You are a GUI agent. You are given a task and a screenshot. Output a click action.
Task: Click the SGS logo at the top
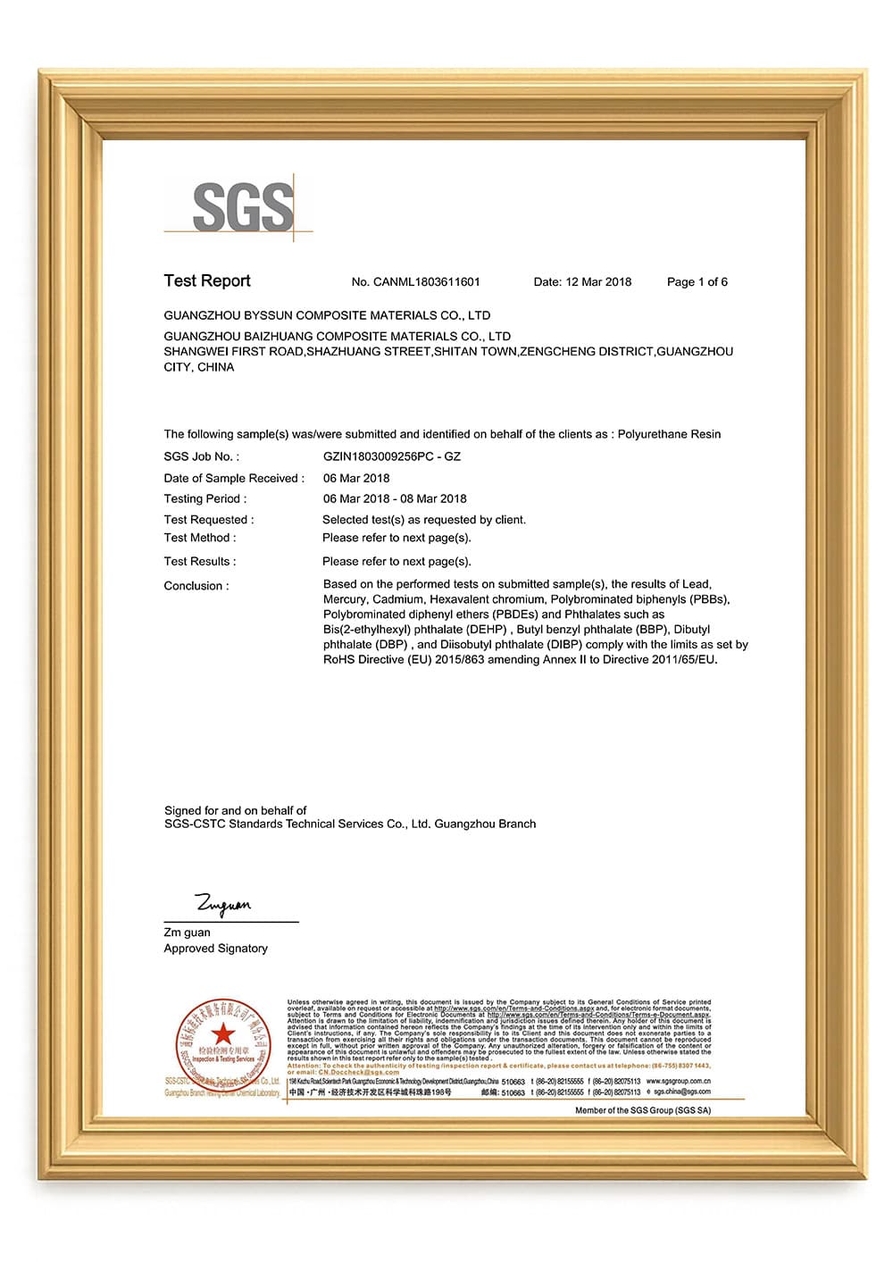click(x=242, y=207)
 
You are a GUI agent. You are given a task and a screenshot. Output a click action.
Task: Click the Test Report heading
click(x=207, y=281)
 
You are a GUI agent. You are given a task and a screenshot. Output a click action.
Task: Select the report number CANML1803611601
click(x=426, y=282)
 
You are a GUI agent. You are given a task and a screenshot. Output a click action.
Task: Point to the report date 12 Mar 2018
click(x=597, y=282)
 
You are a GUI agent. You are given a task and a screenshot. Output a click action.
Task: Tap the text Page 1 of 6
click(x=697, y=282)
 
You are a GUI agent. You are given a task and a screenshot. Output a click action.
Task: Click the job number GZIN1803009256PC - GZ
click(x=392, y=456)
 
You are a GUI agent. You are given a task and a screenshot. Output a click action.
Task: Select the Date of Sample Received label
click(x=234, y=478)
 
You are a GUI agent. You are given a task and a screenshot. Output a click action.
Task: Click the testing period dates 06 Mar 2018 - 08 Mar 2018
click(x=395, y=498)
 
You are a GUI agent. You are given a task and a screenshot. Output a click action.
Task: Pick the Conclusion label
click(x=196, y=586)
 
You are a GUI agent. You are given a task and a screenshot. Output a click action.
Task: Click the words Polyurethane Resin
click(x=669, y=434)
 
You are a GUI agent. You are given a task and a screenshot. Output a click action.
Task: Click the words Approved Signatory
click(x=215, y=949)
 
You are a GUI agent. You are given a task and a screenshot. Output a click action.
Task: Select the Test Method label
click(x=200, y=538)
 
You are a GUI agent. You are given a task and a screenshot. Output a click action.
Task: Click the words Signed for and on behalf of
click(x=235, y=810)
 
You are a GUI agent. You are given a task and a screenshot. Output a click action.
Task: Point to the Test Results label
click(x=200, y=562)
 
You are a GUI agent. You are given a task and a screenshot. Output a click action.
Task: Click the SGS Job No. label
click(x=201, y=456)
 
